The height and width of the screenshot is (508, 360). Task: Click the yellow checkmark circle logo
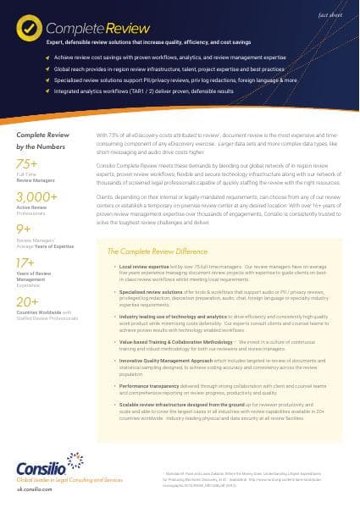tap(29, 28)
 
